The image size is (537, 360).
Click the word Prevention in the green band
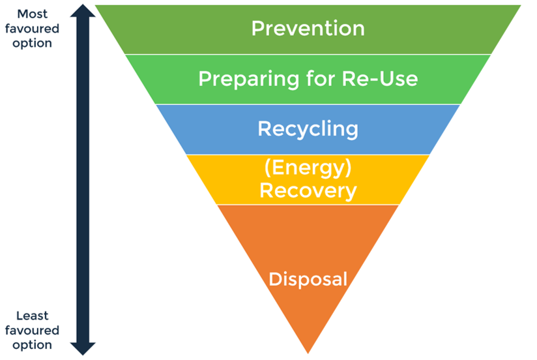pos(308,29)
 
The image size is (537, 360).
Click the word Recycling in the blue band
pos(308,128)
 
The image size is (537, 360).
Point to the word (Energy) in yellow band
pos(308,169)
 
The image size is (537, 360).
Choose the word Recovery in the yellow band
pos(308,190)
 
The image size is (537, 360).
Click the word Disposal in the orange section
pos(308,279)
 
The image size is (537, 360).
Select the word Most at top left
pos(33,14)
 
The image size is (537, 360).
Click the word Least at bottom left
pos(33,316)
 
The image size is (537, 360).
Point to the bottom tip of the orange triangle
pos(308,352)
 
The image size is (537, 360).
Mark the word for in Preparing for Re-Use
pos(317,79)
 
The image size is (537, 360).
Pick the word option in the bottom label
pos(33,345)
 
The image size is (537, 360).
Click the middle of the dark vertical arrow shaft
pos(83,180)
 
